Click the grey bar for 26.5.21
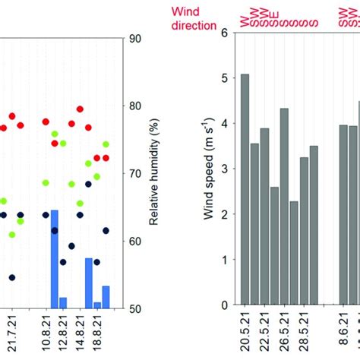[x=284, y=207]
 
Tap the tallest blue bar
[x=54, y=259]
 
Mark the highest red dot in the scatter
[x=80, y=109]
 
